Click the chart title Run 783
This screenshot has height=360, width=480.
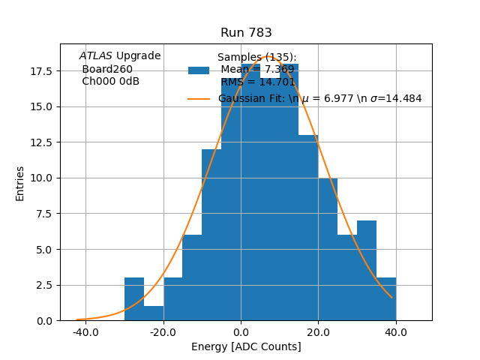246,33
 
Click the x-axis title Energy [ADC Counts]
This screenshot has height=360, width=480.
246,346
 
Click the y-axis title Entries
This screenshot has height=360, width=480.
20,183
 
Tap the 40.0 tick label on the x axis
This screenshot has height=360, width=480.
395,332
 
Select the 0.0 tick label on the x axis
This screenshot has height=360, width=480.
241,332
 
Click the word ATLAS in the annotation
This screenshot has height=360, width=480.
95,55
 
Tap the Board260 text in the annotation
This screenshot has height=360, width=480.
107,69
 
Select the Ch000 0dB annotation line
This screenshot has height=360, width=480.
110,81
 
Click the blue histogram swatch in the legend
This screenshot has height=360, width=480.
199,70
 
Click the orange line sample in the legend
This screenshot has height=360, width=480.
199,98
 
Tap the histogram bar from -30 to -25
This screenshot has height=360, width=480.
134,299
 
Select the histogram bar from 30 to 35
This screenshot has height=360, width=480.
367,271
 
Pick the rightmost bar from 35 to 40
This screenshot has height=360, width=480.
386,299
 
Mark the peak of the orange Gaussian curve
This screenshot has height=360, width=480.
268,56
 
